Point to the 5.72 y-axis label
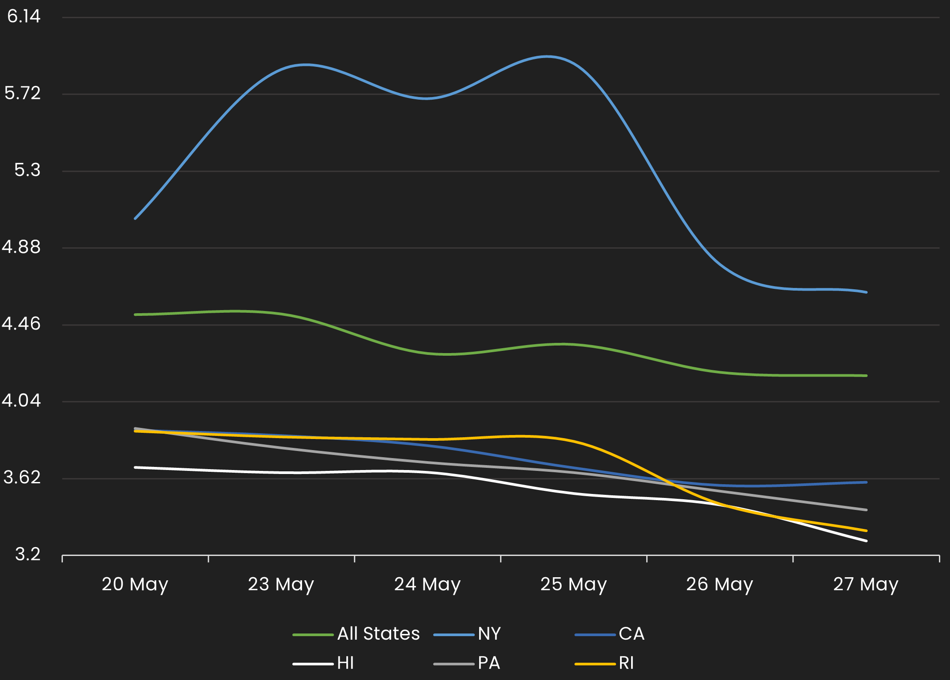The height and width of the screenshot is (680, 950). coord(23,93)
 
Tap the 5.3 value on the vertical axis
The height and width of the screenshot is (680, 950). coord(27,170)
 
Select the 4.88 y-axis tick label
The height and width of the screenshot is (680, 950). coord(21,247)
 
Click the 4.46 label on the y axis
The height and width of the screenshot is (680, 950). coord(21,324)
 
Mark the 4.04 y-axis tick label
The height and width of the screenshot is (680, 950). coord(21,400)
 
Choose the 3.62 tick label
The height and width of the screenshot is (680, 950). coord(22,478)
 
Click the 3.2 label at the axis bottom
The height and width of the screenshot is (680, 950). coord(28,554)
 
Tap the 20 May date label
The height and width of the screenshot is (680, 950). coord(135,584)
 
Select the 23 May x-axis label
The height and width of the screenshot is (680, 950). coord(281,584)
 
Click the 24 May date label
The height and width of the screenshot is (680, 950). coord(427,584)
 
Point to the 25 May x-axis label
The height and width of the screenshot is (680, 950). coord(574,584)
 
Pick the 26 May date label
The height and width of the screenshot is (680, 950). coord(720,584)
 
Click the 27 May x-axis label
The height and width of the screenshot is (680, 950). coord(866,584)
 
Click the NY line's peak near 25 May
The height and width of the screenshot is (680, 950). coord(547,56)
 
